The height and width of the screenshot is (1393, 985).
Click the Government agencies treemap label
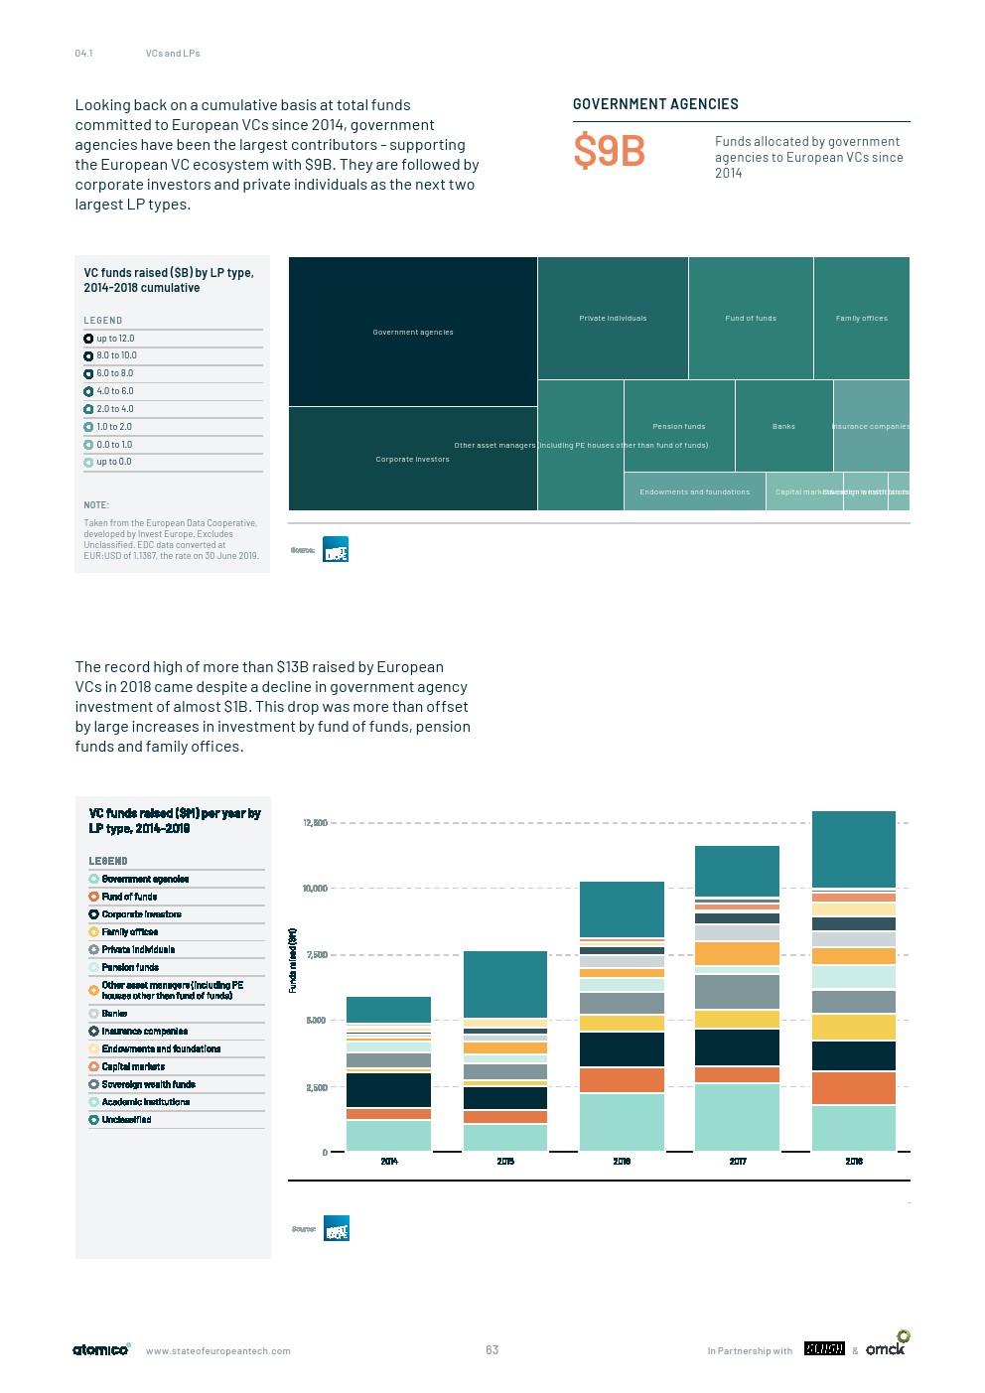413,333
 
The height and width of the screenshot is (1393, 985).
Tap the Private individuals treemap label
613,319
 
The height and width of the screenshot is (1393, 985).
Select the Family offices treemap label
861,319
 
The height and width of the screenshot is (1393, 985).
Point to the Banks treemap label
783,427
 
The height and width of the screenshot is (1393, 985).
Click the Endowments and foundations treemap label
694,492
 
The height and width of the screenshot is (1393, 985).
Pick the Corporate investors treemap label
412,460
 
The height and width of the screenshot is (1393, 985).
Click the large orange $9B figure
609,152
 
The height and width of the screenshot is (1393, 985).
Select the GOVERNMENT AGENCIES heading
655,104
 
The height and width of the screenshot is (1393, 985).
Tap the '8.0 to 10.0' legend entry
116,355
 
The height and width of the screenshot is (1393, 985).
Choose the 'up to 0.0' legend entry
113,462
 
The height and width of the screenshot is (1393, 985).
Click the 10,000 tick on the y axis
315,889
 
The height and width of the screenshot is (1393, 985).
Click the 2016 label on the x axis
622,1162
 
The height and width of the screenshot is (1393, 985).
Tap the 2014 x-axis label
389,1162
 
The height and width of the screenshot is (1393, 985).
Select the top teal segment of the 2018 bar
854,849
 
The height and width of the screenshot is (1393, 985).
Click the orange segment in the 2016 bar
622,1080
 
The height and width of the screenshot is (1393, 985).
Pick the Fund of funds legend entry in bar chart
129,897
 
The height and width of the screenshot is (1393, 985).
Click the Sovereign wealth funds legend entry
148,1084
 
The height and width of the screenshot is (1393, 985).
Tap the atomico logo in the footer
100,1349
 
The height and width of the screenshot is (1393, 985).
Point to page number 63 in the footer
492,1350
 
